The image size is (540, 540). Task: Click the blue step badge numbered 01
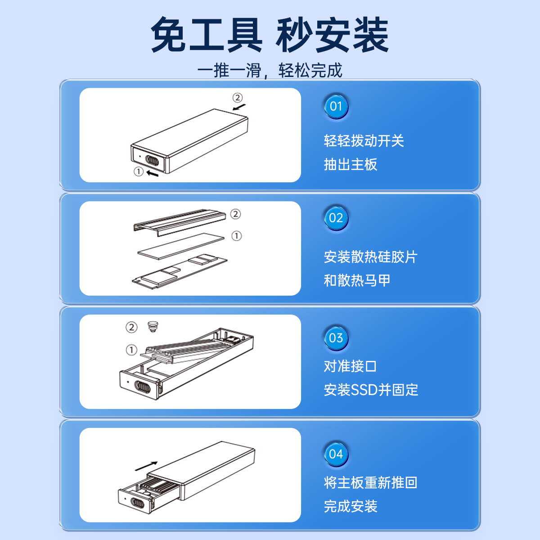tap(336, 107)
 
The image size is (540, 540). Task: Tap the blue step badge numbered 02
tap(336, 218)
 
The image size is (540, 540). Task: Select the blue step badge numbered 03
tap(336, 338)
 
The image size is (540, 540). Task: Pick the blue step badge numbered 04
tap(336, 454)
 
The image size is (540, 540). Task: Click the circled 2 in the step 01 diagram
tap(238, 98)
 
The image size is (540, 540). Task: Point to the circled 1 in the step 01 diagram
tap(139, 171)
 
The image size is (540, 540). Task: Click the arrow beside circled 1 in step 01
tap(153, 173)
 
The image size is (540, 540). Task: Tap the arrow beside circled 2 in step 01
tap(239, 107)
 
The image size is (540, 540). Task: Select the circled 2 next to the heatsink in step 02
tap(235, 214)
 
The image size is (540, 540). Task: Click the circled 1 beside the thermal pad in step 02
tap(237, 236)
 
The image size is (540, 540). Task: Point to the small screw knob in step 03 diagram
tap(153, 326)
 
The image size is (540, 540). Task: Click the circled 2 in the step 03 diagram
tap(131, 327)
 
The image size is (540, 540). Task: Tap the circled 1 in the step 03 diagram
tap(131, 350)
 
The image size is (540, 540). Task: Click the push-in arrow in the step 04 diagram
tap(146, 466)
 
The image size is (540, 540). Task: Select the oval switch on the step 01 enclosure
tap(152, 161)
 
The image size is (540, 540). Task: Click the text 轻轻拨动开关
tap(364, 141)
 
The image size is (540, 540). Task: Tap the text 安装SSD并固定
tap(371, 390)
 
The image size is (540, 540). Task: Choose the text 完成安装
tap(351, 506)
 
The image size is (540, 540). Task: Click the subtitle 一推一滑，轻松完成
tap(270, 70)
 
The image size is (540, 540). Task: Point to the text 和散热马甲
tap(357, 280)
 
